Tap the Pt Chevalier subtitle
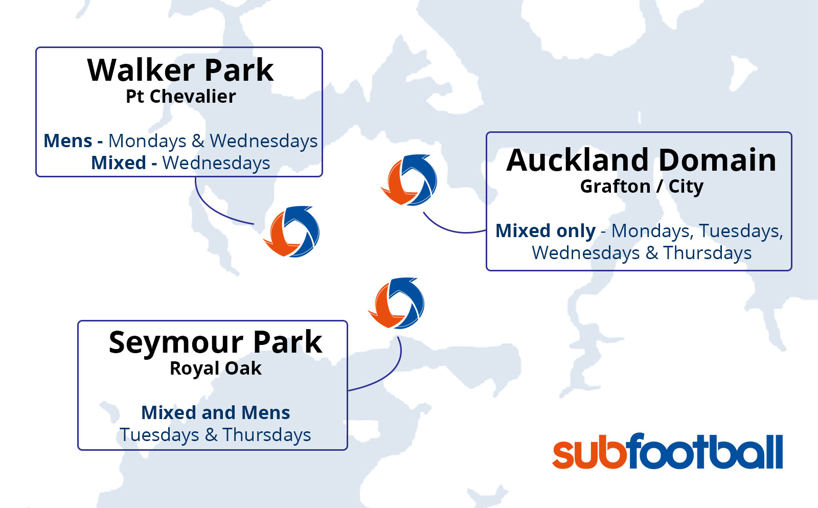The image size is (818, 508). pyautogui.click(x=181, y=97)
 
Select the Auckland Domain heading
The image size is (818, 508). pyautogui.click(x=641, y=160)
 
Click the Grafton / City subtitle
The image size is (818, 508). pyautogui.click(x=642, y=187)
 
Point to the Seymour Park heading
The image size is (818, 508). pyautogui.click(x=215, y=342)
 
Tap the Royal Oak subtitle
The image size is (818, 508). pyautogui.click(x=215, y=368)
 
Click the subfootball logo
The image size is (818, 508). pyautogui.click(x=668, y=451)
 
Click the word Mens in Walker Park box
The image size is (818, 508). pyautogui.click(x=67, y=141)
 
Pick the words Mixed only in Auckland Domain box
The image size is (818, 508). pyautogui.click(x=546, y=231)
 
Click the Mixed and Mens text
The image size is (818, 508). pyautogui.click(x=215, y=413)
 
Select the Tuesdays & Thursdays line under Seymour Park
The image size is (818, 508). pyautogui.click(x=215, y=435)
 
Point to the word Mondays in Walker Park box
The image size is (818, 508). pyautogui.click(x=147, y=142)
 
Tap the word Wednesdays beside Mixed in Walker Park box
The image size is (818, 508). pyautogui.click(x=216, y=163)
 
